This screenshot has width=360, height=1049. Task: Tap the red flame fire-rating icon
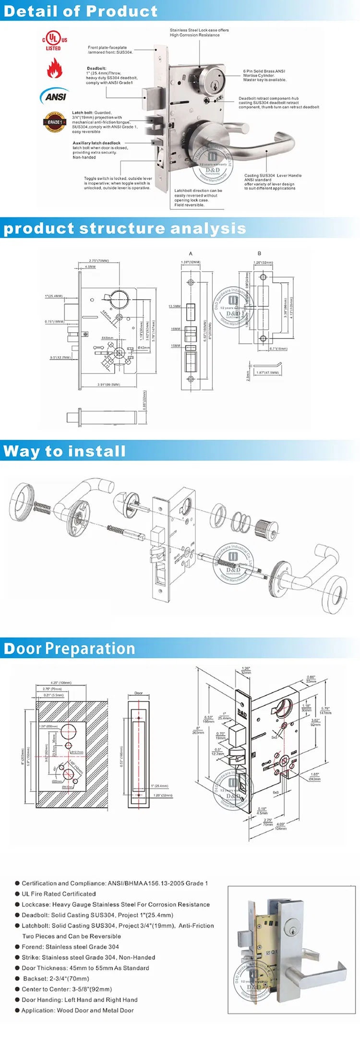[54, 68]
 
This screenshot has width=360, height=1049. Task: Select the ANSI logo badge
[54, 95]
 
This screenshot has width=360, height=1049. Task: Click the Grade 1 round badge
[54, 122]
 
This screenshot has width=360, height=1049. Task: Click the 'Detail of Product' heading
[80, 11]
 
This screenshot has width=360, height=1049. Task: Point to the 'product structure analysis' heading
[124, 228]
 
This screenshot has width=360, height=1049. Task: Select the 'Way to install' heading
[64, 451]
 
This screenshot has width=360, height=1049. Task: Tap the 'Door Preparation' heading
[70, 649]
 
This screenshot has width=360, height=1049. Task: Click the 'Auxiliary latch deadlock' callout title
[96, 143]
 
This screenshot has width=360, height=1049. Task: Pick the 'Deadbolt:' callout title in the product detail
[96, 69]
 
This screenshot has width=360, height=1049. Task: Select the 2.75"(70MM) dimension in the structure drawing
[99, 261]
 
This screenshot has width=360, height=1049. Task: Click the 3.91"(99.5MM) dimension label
[108, 385]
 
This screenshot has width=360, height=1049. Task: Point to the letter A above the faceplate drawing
[191, 253]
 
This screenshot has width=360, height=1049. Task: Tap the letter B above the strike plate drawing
[259, 253]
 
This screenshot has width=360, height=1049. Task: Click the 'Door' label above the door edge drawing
[138, 693]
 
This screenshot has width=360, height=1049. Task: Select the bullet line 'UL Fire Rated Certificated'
[59, 894]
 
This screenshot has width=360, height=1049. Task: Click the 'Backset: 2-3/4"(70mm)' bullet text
[55, 978]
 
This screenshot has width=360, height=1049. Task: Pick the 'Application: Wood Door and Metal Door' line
[77, 1010]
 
